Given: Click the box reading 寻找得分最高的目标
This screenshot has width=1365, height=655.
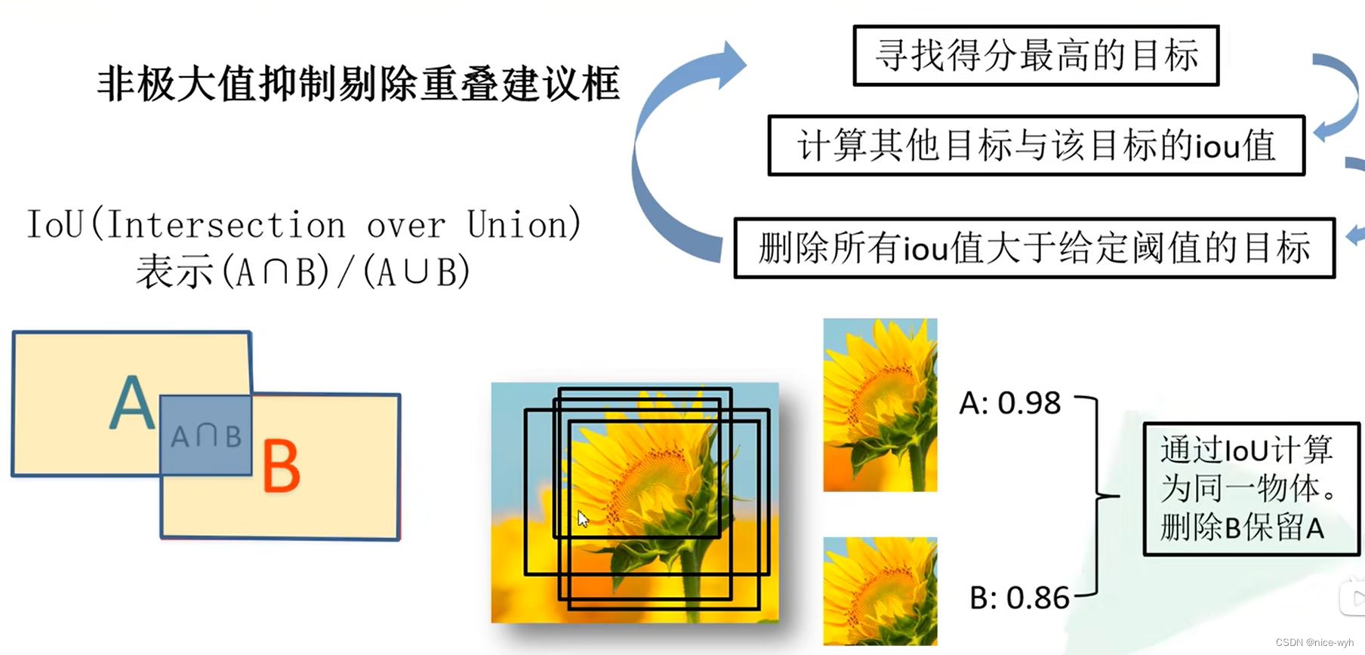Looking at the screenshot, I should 1036,56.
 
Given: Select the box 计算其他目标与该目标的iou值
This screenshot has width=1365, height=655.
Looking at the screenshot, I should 1036,146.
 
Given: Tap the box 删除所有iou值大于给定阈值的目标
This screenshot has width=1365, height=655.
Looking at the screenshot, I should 1034,248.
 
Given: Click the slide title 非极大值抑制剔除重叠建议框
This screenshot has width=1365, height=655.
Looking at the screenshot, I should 359,84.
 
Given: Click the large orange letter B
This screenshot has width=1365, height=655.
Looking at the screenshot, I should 281,467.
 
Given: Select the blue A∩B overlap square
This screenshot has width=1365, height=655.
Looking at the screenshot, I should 205,435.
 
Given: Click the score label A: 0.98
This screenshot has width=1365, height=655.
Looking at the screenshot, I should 1009,404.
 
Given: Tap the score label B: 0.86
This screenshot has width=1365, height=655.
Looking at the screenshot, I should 1018,598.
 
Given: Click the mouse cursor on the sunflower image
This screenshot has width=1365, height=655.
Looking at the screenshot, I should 582,518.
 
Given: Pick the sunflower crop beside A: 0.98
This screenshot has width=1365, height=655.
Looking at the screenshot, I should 880,405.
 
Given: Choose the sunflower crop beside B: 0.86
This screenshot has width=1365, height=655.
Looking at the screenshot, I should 880,591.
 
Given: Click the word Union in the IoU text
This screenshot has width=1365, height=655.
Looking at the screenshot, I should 523,225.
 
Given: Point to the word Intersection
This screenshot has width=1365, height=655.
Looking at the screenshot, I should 226,225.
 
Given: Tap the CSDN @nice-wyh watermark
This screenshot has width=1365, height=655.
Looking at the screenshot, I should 1314,642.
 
